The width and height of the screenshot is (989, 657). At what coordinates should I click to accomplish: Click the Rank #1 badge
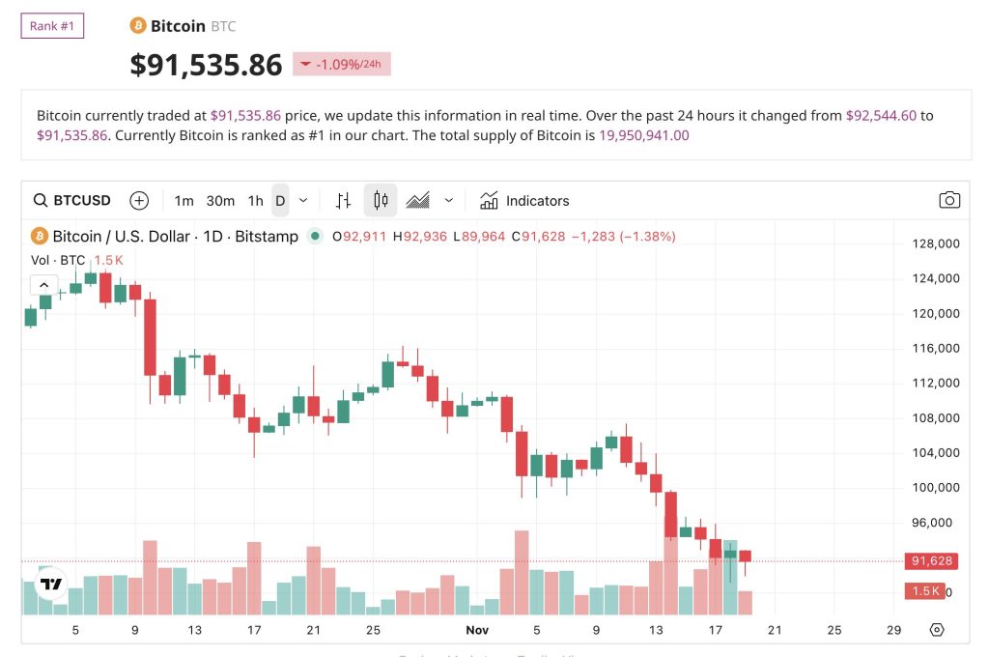pos(52,26)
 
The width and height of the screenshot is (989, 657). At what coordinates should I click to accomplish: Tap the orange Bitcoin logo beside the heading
pos(138,26)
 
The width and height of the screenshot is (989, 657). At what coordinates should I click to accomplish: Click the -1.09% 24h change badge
pos(342,65)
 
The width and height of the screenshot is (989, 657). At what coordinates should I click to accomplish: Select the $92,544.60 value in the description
pos(880,115)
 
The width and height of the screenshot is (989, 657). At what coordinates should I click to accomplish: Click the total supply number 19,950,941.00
pos(644,135)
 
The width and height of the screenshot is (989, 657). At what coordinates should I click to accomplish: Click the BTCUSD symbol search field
pos(72,201)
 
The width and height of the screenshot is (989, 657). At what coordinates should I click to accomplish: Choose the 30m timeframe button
pos(220,201)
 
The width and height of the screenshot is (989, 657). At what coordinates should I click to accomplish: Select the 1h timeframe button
pos(255,201)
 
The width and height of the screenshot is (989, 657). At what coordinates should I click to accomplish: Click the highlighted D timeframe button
pos(280,201)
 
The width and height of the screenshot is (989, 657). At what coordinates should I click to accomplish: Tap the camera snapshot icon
pos(949,200)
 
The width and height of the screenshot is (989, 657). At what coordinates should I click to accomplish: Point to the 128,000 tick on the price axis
pos(935,243)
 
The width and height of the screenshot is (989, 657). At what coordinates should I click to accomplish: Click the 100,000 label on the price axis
pos(935,487)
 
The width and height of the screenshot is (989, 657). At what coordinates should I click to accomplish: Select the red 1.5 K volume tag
pos(924,591)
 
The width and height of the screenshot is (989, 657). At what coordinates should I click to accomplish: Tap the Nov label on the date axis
pos(476,630)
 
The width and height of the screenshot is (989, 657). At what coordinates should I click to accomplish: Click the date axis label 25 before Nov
pos(374,630)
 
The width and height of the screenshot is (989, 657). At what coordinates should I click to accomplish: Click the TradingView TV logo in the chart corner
pos(50,584)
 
